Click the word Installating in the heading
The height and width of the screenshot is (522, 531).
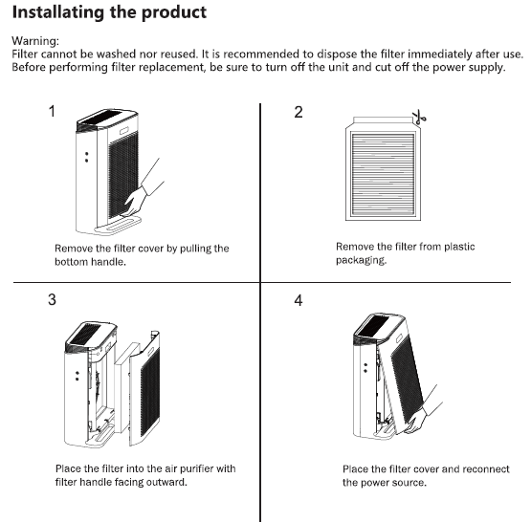coord(58,13)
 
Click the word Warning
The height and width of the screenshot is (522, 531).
coord(35,41)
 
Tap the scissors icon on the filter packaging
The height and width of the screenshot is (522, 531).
coord(419,117)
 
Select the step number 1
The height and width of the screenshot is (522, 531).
coord(52,111)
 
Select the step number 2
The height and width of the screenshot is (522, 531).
coord(298,112)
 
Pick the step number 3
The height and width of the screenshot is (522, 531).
coord(52,299)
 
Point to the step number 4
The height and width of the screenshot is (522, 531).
coord(298,300)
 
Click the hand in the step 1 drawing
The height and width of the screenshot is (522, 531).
coord(137,201)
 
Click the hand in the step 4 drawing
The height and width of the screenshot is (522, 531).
coord(418,420)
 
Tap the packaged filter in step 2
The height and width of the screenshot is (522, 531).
coord(383,169)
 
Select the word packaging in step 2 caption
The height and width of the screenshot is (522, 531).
coord(361,260)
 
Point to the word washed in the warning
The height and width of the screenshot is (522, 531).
coord(116,54)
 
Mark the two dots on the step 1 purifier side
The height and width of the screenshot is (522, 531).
coord(87,157)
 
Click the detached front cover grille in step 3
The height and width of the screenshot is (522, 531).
coord(149,392)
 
